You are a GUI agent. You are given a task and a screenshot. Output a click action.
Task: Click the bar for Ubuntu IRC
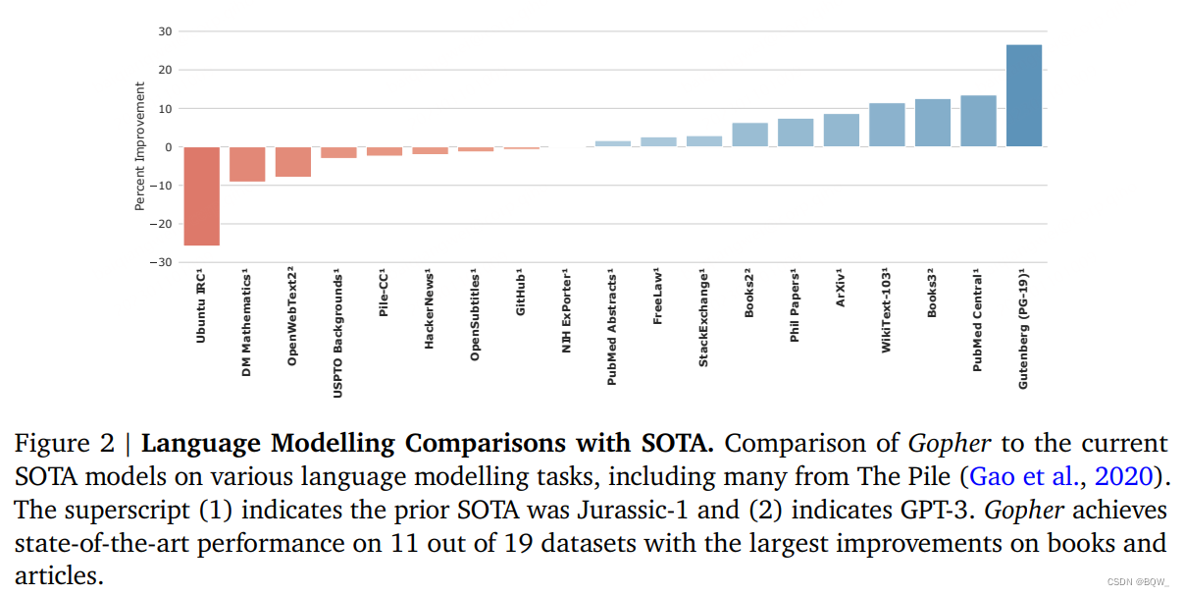point(202,195)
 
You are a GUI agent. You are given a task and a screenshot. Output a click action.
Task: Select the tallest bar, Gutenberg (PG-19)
point(1024,95)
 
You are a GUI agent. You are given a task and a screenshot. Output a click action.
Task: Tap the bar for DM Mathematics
point(247,164)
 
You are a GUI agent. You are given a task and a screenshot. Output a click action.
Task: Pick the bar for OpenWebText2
point(293,161)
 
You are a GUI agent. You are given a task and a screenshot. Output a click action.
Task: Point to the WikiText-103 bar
point(887,125)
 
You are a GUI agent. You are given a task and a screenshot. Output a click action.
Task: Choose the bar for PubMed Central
point(978,121)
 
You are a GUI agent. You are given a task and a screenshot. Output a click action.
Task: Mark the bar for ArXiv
point(842,131)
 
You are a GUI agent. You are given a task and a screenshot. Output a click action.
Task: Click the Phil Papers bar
point(796,133)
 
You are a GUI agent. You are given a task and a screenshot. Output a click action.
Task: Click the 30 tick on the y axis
point(166,31)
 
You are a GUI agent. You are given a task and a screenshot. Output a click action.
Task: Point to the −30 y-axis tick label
point(160,262)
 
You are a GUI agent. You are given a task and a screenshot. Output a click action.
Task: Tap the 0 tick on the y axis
point(169,147)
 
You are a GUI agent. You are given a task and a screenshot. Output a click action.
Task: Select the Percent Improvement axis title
point(140,146)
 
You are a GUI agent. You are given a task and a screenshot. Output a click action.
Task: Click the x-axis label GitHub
point(521,292)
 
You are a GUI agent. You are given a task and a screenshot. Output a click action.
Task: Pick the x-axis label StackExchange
point(703,317)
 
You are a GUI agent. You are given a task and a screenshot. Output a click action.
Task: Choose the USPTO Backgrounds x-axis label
point(338,334)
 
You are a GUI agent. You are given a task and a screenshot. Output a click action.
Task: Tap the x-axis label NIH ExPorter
point(566,310)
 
